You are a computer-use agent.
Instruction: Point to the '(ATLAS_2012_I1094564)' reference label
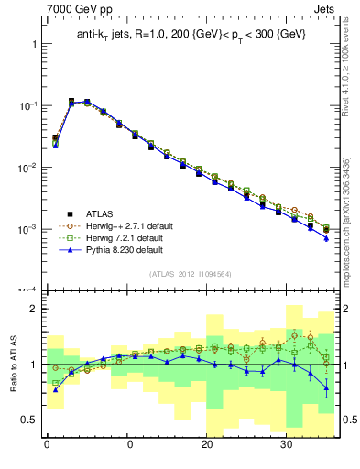189,273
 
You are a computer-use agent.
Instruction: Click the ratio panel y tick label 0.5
28,420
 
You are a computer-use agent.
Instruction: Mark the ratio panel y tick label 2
34,310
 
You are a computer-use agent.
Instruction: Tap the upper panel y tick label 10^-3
26,228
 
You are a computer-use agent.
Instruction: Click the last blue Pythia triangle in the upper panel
326,238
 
